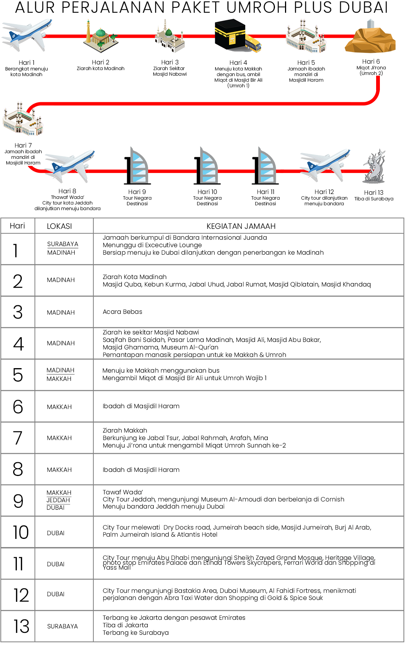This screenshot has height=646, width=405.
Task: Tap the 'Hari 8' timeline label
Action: [x=67, y=191]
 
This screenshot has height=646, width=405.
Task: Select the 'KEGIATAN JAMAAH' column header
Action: [x=241, y=226]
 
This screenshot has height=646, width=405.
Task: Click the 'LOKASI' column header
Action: [x=59, y=226]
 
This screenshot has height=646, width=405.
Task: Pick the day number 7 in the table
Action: [x=18, y=438]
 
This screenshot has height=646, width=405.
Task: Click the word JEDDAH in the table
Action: [x=58, y=500]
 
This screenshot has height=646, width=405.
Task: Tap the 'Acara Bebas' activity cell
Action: [x=123, y=312]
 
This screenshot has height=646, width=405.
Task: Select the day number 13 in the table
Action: [x=21, y=626]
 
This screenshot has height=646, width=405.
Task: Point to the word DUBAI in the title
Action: [x=363, y=7]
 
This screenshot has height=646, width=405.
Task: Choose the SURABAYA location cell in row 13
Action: [x=63, y=626]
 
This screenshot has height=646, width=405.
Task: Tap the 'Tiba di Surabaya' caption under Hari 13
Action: [x=374, y=199]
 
